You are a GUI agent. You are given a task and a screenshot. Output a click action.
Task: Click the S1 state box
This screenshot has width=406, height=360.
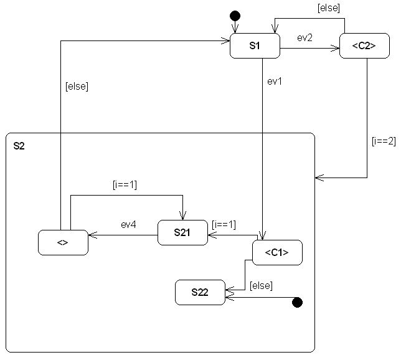255,46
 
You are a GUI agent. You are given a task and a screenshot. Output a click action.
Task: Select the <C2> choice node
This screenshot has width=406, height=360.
364,46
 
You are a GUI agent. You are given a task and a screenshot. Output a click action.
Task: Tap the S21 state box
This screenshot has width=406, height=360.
182,233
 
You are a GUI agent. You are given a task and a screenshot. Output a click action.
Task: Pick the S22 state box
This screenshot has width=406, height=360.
200,293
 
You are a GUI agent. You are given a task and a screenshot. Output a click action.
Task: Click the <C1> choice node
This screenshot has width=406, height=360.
277,253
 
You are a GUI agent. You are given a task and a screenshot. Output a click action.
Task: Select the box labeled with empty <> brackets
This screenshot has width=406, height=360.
63,242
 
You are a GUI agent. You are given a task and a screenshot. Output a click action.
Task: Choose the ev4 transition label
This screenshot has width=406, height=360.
128,225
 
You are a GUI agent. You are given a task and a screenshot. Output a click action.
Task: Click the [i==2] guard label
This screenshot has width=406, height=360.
383,141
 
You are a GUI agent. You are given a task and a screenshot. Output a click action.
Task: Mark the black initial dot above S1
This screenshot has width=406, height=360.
235,15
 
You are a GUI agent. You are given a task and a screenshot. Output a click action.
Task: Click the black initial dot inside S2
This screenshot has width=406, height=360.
297,302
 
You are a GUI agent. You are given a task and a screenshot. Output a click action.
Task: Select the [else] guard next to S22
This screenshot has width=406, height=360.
261,286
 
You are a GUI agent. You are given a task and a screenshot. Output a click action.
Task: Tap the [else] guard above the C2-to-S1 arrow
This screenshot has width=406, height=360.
328,8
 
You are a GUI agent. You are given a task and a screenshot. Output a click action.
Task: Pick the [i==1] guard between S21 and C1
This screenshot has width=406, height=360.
224,223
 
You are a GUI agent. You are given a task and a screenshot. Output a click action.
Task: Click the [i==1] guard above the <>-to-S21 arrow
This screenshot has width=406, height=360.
124,184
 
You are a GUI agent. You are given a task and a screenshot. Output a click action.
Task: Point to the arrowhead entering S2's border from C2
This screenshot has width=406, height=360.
319,178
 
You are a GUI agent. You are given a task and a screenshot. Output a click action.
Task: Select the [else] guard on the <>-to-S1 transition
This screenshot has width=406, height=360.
77,87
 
